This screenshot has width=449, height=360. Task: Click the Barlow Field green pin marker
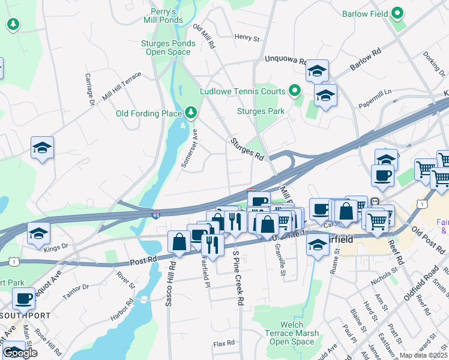pyautogui.click(x=397, y=13)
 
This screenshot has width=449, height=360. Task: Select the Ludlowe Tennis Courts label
pyautogui.click(x=243, y=92)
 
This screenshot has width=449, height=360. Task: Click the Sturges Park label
pyautogui.click(x=261, y=111)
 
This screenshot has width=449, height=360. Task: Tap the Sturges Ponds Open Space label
pyautogui.click(x=168, y=47)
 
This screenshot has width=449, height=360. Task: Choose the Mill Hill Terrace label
pyautogui.click(x=122, y=86)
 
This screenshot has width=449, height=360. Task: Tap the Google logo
pyautogui.click(x=20, y=353)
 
